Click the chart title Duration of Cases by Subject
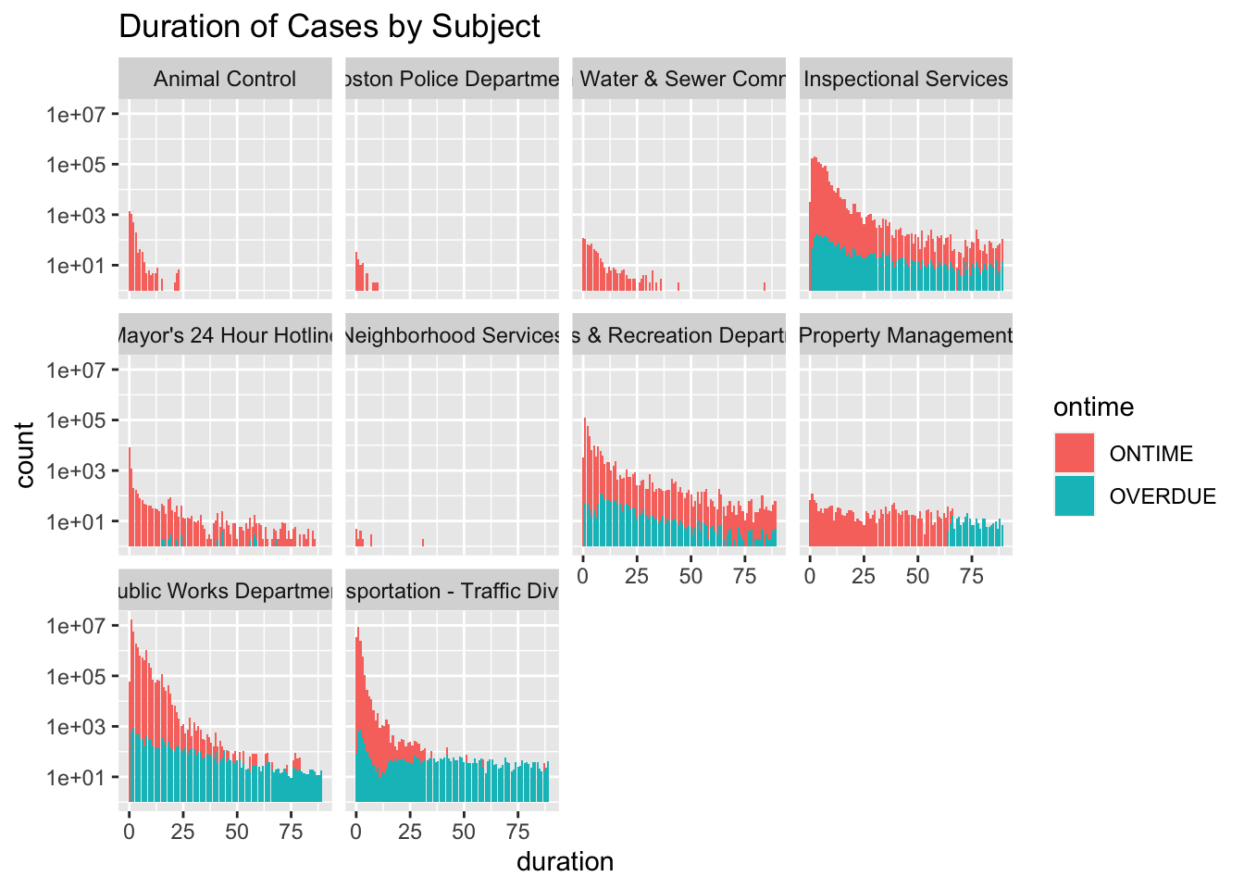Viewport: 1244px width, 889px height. [x=330, y=27]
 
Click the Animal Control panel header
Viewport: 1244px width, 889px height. [x=225, y=79]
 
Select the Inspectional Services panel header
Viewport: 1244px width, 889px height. [x=906, y=79]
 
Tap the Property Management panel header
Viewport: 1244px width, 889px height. [x=906, y=335]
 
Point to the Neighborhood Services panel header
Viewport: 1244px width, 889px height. [x=452, y=335]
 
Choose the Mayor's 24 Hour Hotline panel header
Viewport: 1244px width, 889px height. [x=225, y=335]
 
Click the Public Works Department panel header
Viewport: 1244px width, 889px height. [x=225, y=591]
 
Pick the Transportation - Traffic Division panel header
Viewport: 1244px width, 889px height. [x=452, y=591]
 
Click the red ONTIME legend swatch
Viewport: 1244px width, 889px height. [x=1075, y=454]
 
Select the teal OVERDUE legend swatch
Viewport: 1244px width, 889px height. [x=1075, y=496]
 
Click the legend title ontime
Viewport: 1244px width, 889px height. [x=1093, y=407]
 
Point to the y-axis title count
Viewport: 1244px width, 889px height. [x=25, y=455]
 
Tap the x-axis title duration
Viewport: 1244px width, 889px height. [x=565, y=862]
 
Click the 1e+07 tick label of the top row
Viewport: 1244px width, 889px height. [x=77, y=115]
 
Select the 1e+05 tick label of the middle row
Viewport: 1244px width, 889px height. [x=77, y=420]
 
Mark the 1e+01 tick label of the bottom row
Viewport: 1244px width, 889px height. [x=77, y=777]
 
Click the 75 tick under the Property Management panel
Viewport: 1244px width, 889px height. [x=972, y=576]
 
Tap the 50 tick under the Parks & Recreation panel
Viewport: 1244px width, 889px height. [x=690, y=576]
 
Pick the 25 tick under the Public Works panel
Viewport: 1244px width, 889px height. [x=182, y=832]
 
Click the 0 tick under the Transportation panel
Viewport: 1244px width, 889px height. [x=356, y=832]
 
